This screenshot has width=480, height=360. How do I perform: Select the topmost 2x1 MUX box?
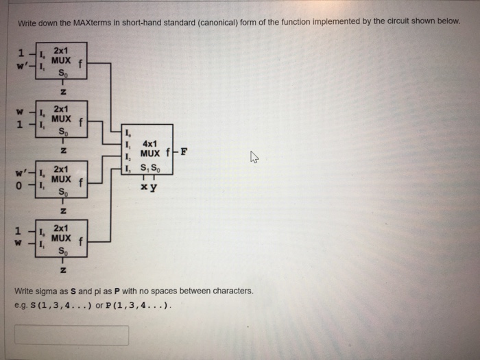(x=62, y=60)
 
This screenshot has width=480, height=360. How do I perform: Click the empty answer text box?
(x=71, y=335)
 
